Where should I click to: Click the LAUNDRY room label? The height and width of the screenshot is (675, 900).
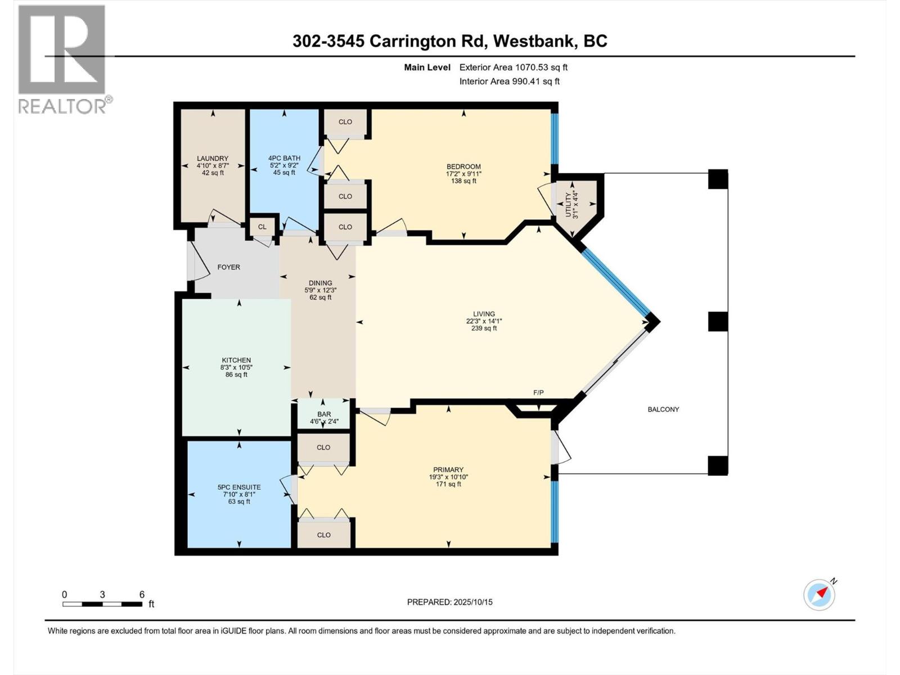[x=213, y=159]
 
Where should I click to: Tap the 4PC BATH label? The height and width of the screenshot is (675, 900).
[x=284, y=159]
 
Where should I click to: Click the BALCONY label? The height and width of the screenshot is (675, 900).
[x=663, y=409]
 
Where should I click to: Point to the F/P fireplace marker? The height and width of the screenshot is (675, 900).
[x=538, y=393]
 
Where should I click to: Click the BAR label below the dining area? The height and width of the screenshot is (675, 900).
[x=324, y=414]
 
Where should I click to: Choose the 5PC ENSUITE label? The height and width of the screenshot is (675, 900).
[x=239, y=487]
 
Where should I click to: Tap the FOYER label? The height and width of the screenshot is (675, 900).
[x=229, y=267]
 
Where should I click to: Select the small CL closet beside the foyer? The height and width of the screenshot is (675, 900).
[x=262, y=227]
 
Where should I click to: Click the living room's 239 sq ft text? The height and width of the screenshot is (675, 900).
[x=484, y=328]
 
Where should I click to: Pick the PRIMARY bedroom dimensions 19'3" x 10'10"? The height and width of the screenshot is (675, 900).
[x=448, y=477]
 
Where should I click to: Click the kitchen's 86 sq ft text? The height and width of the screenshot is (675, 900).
[x=236, y=375]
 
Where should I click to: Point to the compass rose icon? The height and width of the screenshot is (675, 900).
[x=819, y=595]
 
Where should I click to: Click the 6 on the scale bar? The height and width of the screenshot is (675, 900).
[x=142, y=595]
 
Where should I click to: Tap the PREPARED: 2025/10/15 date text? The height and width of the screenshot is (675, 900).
[x=449, y=602]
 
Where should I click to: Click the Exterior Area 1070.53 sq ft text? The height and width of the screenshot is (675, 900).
[x=513, y=67]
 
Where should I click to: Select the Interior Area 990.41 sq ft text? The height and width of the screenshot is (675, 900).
[x=509, y=81]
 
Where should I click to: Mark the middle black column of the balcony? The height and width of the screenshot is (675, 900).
[x=718, y=322]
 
